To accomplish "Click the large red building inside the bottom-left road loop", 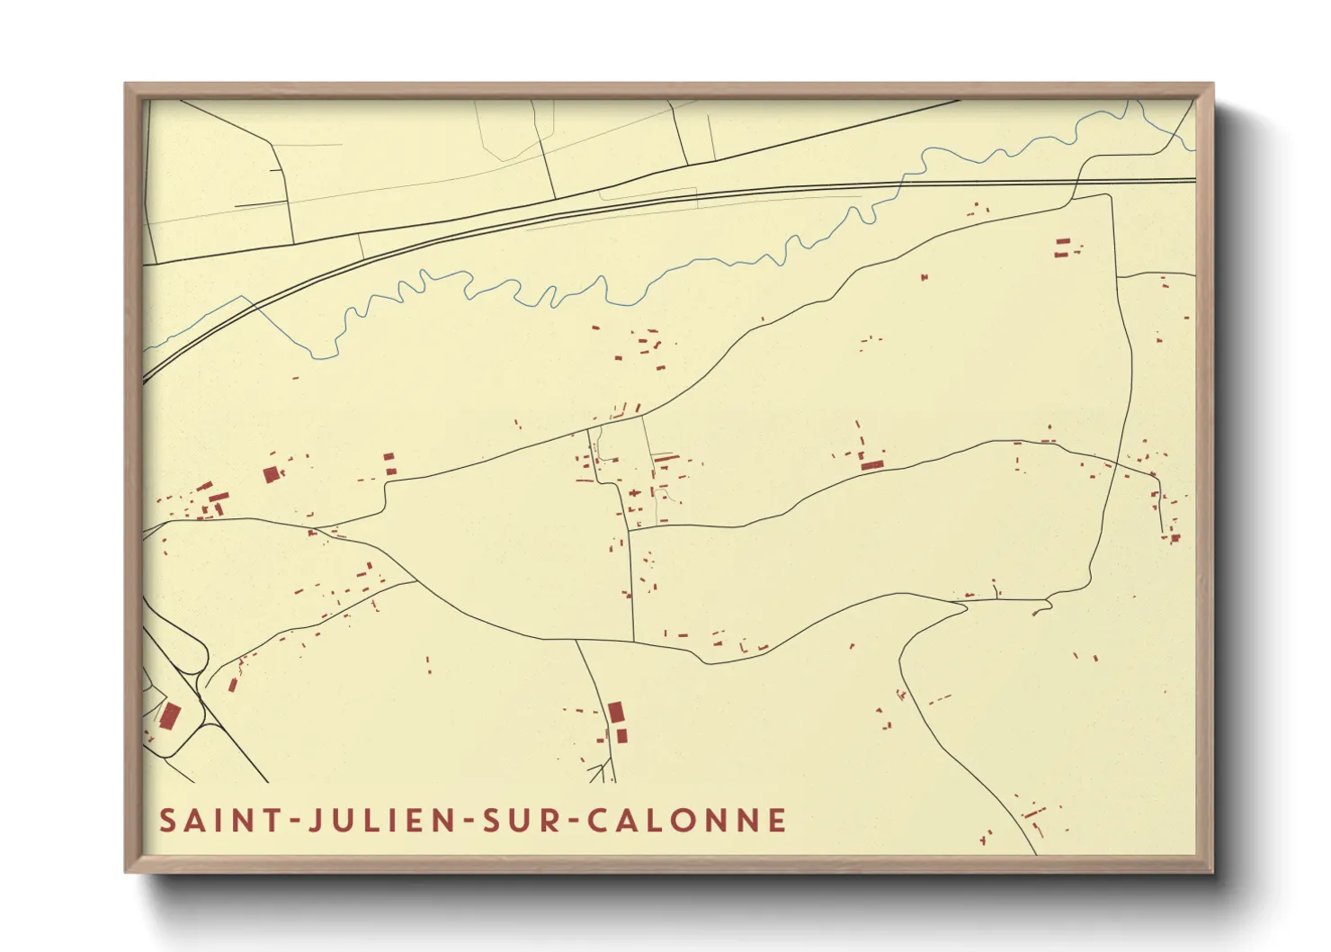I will tap(170, 716).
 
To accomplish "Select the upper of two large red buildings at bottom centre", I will tap(616, 712).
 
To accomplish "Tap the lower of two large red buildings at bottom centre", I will tap(621, 736).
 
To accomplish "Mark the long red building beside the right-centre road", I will tap(871, 465).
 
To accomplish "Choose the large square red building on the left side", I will tap(271, 474).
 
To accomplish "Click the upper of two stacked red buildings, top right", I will tap(1062, 242).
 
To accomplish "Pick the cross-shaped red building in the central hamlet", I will tap(635, 494).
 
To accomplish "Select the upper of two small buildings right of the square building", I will tap(389, 458).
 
